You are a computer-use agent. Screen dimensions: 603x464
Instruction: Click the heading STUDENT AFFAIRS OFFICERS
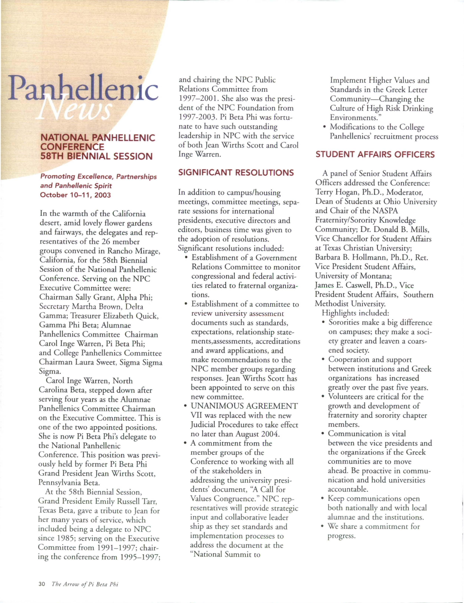(375, 154)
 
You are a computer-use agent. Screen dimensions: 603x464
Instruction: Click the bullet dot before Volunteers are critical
(323, 397)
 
